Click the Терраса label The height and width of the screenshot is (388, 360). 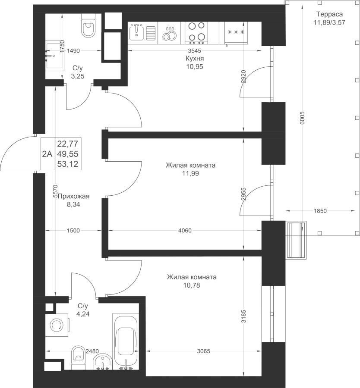click(x=329, y=14)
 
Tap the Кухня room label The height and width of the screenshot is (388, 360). click(x=195, y=58)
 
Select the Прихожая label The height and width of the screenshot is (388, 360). click(x=73, y=197)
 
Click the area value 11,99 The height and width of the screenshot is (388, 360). click(x=190, y=173)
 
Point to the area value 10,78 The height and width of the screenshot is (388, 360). click(x=192, y=285)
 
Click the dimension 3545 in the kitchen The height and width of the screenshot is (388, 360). click(x=195, y=51)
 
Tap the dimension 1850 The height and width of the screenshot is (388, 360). click(x=320, y=211)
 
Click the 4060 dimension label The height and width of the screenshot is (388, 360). click(x=185, y=231)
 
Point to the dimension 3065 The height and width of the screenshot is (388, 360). click(x=203, y=351)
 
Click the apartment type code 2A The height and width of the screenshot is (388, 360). click(x=47, y=154)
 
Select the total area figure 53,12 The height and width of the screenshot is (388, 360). click(x=68, y=164)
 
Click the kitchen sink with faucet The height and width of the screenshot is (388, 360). click(x=136, y=32)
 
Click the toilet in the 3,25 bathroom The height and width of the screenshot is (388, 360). click(x=88, y=25)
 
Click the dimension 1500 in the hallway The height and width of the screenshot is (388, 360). click(x=73, y=231)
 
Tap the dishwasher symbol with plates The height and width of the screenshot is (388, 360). click(x=170, y=33)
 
